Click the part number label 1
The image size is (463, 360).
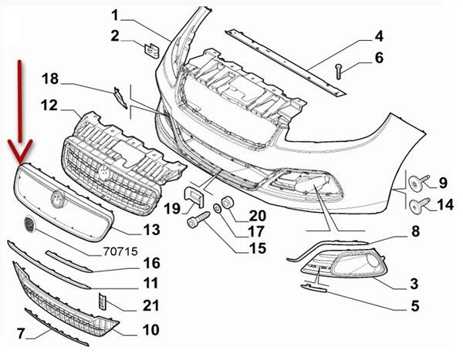click(x=116, y=15)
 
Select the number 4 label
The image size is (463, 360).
click(x=379, y=35)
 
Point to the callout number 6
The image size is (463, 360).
click(x=379, y=57)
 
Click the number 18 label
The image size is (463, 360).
click(x=50, y=78)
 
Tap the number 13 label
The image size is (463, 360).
click(x=150, y=229)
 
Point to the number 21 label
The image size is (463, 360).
click(x=150, y=306)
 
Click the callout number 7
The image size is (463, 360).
click(x=21, y=333)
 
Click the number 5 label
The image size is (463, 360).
click(x=414, y=307)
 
